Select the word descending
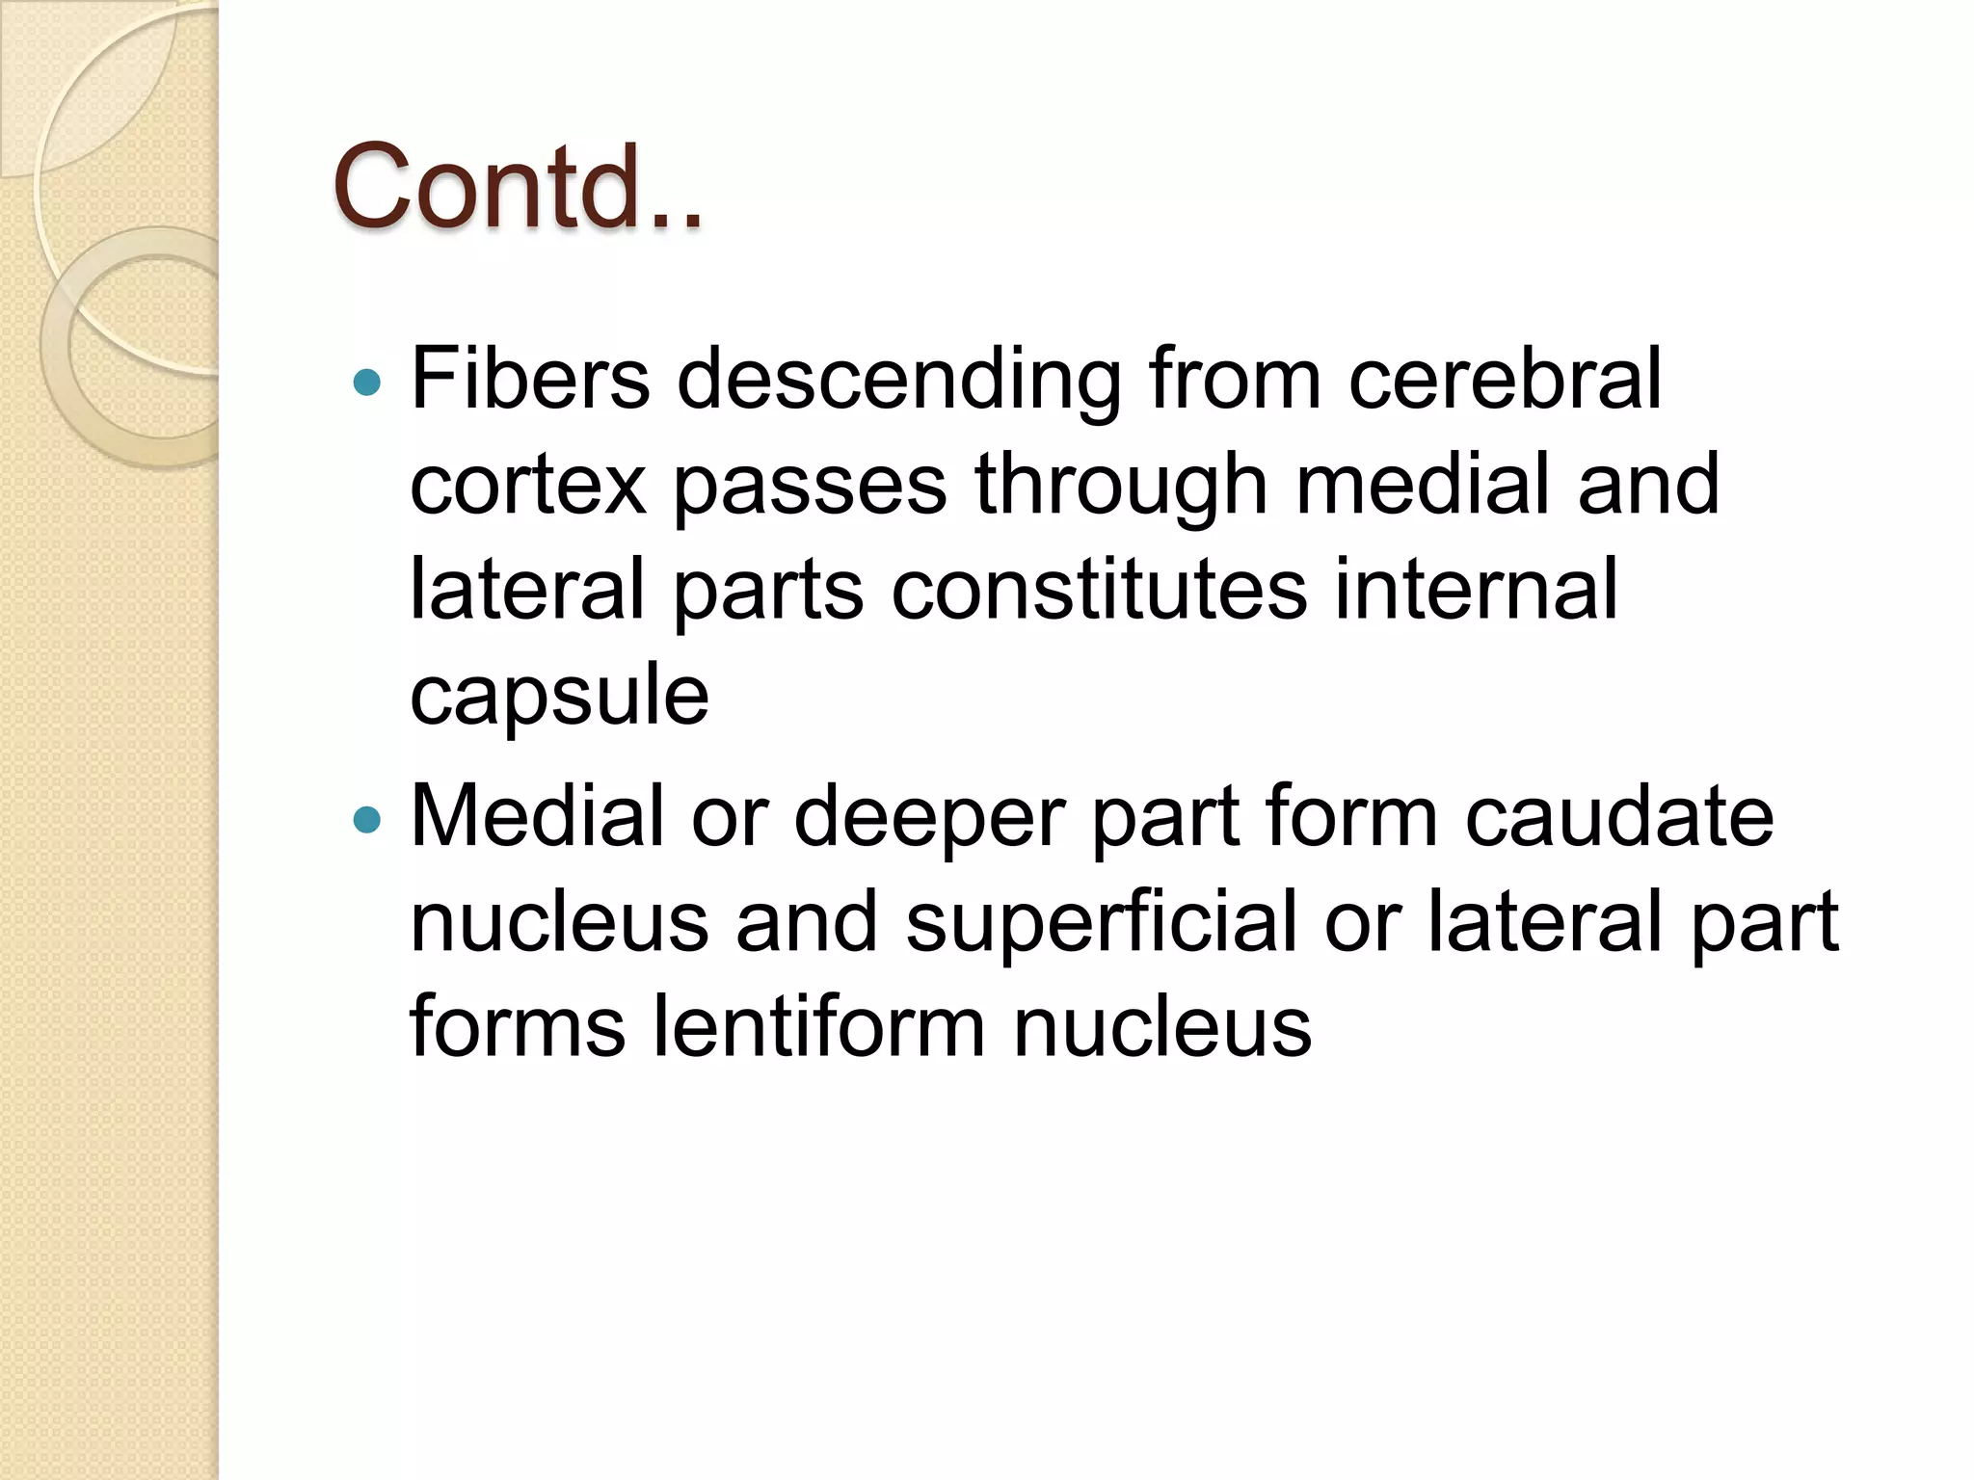tap(898, 382)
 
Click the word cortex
tap(527, 486)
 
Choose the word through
tap(1120, 486)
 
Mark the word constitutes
tap(1099, 591)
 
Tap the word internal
tap(1476, 591)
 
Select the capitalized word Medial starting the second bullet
tap(537, 816)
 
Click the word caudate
tap(1618, 816)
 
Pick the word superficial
tap(1101, 923)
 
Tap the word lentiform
tap(818, 1027)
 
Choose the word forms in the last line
tap(517, 1027)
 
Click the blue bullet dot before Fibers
tap(367, 383)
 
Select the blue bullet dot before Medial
tap(367, 820)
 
